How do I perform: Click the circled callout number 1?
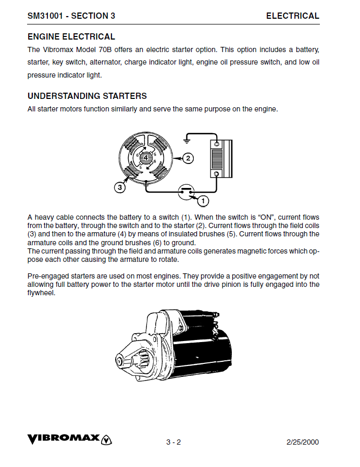click(203, 200)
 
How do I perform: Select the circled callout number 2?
click(188, 158)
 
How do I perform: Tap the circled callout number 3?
click(120, 187)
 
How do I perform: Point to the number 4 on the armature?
click(146, 157)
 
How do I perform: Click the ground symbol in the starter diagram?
click(187, 140)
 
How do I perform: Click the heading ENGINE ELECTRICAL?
click(71, 37)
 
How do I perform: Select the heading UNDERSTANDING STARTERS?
click(87, 96)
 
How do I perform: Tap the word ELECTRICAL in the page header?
click(292, 16)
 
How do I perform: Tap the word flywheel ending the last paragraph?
click(41, 293)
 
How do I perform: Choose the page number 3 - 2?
click(173, 443)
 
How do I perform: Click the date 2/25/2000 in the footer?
click(303, 443)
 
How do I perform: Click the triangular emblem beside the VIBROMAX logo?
click(107, 439)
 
